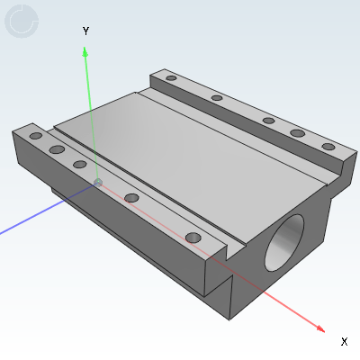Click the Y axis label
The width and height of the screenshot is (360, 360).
pos(85,31)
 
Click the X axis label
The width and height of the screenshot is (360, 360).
pos(344,341)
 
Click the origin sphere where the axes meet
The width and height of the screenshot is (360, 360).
pos(98,184)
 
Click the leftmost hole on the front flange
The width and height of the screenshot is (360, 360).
pos(35,136)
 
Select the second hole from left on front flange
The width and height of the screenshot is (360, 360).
pos(57,149)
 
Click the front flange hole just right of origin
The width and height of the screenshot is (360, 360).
pos(131,197)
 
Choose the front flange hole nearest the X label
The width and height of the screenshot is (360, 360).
pos(192,237)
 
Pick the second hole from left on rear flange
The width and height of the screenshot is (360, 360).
pos(217,98)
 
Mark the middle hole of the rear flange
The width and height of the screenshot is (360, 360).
pos(268,120)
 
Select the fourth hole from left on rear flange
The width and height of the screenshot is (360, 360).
pos(297,133)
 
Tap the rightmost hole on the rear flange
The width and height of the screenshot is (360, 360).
pos(328,147)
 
